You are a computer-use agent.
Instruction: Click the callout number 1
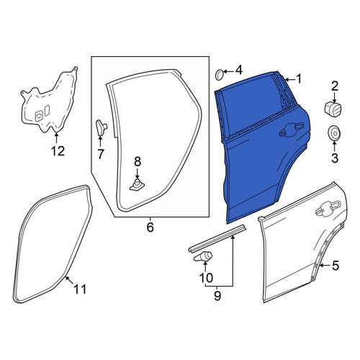pos(299,79)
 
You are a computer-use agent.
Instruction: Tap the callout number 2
pos(335,86)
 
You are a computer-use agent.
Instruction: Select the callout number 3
pos(335,158)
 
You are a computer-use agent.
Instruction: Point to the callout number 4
pos(238,70)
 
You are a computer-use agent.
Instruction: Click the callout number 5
pos(336,266)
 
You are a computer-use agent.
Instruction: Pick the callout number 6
pos(150,227)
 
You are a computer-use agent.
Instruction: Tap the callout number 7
pos(100,154)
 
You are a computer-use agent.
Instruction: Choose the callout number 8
pos(138,161)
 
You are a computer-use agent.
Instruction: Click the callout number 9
pos(217,296)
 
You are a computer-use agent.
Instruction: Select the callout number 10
pos(206,278)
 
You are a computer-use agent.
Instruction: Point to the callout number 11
pos(80,289)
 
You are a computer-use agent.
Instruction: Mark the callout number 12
pos(58,151)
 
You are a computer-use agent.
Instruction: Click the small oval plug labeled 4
pos(220,75)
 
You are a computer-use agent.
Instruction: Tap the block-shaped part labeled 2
pos(333,109)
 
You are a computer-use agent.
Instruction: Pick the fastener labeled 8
pos(137,184)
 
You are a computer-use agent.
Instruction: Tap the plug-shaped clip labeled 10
pos(203,256)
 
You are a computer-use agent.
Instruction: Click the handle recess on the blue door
pos(292,130)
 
